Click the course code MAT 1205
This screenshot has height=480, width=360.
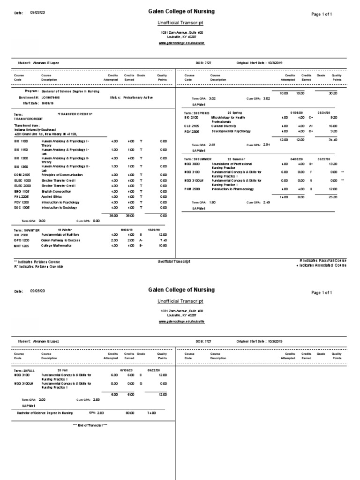(21, 246)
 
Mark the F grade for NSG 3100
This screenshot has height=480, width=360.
(318, 172)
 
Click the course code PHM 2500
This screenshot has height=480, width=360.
(192, 189)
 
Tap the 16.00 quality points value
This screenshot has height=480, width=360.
(333, 126)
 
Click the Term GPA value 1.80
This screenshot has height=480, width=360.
(212, 202)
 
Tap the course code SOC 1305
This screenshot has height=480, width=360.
(21, 208)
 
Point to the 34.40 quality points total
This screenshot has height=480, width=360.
(333, 140)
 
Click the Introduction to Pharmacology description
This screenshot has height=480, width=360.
(239, 189)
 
